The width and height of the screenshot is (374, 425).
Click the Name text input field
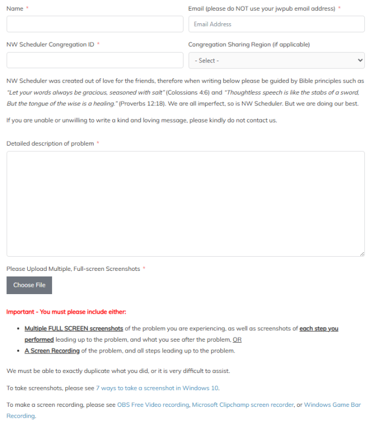(x=95, y=24)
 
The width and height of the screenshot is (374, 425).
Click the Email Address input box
(x=276, y=24)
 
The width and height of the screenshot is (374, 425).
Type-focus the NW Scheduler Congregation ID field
(x=95, y=61)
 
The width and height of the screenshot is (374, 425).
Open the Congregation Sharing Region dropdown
(x=276, y=61)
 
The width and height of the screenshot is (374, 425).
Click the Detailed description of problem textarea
(x=185, y=204)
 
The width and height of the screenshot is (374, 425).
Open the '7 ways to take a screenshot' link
(x=157, y=388)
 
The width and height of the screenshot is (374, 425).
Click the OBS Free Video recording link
(x=153, y=405)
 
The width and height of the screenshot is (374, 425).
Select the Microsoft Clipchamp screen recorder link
(x=243, y=405)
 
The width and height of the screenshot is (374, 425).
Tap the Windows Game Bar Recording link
(x=332, y=405)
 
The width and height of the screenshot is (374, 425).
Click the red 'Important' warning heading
(x=66, y=312)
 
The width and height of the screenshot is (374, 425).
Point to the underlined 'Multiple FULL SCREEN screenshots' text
(x=74, y=329)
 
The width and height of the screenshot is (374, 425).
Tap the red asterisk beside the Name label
(x=27, y=8)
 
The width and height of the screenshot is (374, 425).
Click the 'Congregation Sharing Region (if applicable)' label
(x=249, y=45)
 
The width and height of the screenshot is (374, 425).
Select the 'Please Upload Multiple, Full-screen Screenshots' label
(x=73, y=269)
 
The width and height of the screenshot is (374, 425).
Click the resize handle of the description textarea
(x=362, y=254)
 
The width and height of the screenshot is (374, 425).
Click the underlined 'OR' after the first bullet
(x=237, y=340)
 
